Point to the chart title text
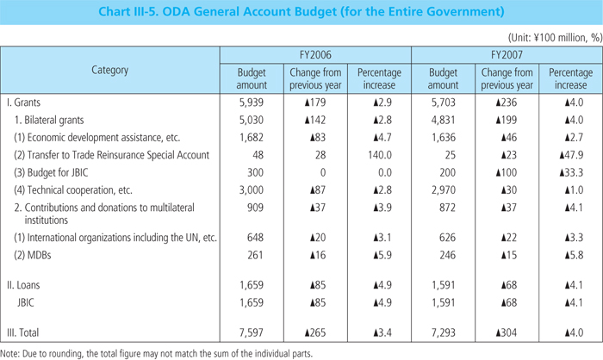[x=301, y=14]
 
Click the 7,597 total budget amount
[x=251, y=332]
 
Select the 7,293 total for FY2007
[x=443, y=332]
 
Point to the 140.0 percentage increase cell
[x=380, y=156]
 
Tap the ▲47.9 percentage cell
[x=569, y=156]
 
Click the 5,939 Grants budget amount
[x=251, y=101]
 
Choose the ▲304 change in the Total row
[x=507, y=332]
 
